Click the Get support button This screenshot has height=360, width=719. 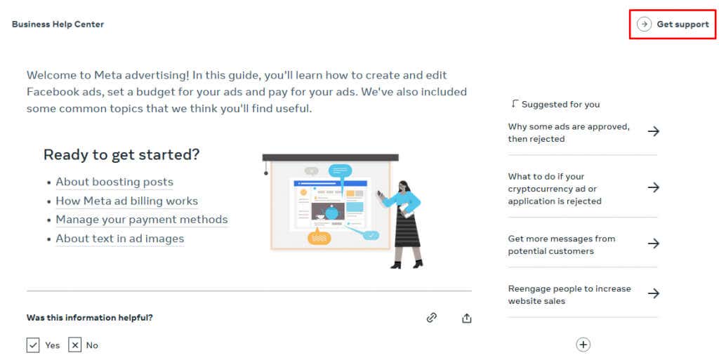point(673,25)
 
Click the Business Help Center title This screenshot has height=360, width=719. point(58,25)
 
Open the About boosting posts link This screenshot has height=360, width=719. point(114,182)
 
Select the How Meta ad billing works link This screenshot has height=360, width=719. point(126,201)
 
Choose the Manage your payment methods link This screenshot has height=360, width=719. point(142,220)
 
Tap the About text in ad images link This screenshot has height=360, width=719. point(120,239)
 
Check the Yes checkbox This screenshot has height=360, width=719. point(33,345)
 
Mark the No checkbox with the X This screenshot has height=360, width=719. point(75,345)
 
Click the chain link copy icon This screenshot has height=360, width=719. point(432,318)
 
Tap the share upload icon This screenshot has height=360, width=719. point(467,318)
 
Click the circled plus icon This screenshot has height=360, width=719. point(583,345)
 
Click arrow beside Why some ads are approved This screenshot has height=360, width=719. point(653,131)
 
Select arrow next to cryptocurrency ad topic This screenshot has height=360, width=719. point(653,187)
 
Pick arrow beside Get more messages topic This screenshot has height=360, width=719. point(653,244)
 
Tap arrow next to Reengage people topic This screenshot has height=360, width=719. point(653,293)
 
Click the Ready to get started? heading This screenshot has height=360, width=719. point(121,154)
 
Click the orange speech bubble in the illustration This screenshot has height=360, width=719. point(319,237)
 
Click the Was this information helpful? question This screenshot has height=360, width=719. point(90,318)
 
